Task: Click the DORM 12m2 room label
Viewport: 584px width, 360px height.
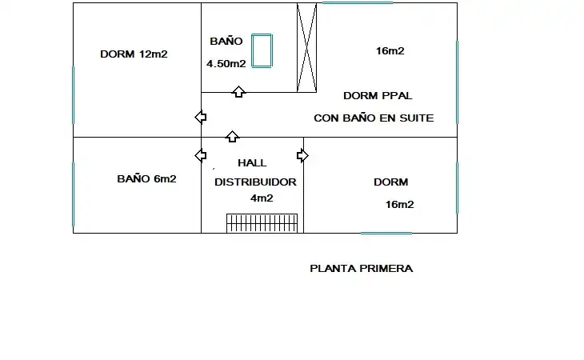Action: coord(134,54)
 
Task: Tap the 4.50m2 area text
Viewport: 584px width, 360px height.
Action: coord(226,64)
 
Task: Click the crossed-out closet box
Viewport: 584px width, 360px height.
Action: coord(306,48)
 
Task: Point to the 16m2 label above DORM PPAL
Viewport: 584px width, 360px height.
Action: coord(390,50)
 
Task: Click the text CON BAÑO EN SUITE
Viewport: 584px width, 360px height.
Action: coord(374,118)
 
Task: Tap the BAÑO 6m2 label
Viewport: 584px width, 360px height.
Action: coord(146,178)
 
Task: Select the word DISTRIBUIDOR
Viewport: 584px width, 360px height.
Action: coord(255,182)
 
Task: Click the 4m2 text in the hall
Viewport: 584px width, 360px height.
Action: coord(262,198)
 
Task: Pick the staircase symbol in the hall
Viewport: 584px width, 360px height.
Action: coord(262,223)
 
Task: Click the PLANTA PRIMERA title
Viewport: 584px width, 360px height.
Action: coord(362,269)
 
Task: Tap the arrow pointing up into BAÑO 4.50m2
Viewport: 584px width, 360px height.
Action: coord(238,91)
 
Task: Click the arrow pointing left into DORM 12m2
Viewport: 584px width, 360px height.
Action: coord(201,118)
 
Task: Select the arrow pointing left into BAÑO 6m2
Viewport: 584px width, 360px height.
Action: coord(201,155)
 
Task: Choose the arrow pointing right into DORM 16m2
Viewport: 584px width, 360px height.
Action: coord(302,156)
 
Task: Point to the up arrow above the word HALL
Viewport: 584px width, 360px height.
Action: coord(233,136)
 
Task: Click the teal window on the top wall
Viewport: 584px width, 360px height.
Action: coord(357,2)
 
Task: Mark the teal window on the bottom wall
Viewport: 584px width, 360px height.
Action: coord(386,234)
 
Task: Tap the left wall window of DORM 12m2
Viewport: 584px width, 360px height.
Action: coord(73,95)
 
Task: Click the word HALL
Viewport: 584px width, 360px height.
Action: coord(252,162)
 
